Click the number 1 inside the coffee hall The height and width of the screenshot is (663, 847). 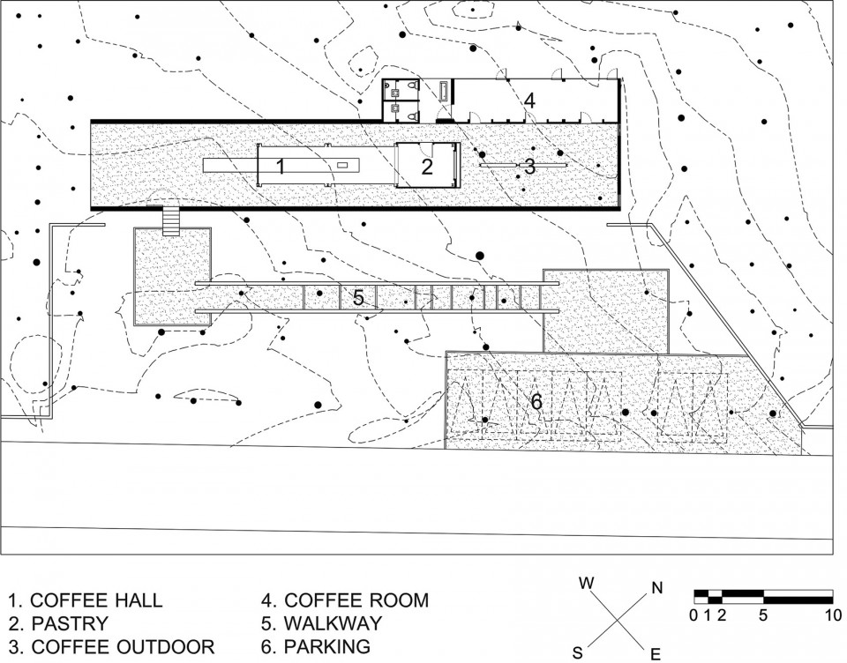[x=281, y=167]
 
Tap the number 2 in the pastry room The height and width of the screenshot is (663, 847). [x=427, y=167]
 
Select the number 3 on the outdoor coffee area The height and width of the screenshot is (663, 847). [x=530, y=167]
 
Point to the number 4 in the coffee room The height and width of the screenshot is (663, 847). [x=529, y=101]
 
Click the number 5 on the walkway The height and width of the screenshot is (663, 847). [x=358, y=297]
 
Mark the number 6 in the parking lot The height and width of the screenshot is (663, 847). [x=536, y=402]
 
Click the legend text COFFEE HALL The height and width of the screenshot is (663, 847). [x=96, y=600]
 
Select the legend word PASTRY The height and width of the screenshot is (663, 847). [x=70, y=623]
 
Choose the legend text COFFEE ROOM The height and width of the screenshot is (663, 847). [x=356, y=600]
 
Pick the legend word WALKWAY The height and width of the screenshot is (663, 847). [x=333, y=623]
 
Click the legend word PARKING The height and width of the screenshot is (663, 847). [x=327, y=647]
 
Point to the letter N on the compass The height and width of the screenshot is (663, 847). [x=656, y=588]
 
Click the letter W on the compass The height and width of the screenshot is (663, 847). [x=587, y=583]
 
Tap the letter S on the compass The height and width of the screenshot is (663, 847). [x=577, y=653]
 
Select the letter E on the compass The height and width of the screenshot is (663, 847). [x=656, y=655]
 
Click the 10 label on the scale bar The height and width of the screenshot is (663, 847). [x=833, y=615]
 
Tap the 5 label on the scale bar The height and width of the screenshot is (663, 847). [x=763, y=615]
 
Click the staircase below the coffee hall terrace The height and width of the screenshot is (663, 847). [x=171, y=221]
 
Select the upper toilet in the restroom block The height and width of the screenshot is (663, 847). [x=413, y=86]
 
